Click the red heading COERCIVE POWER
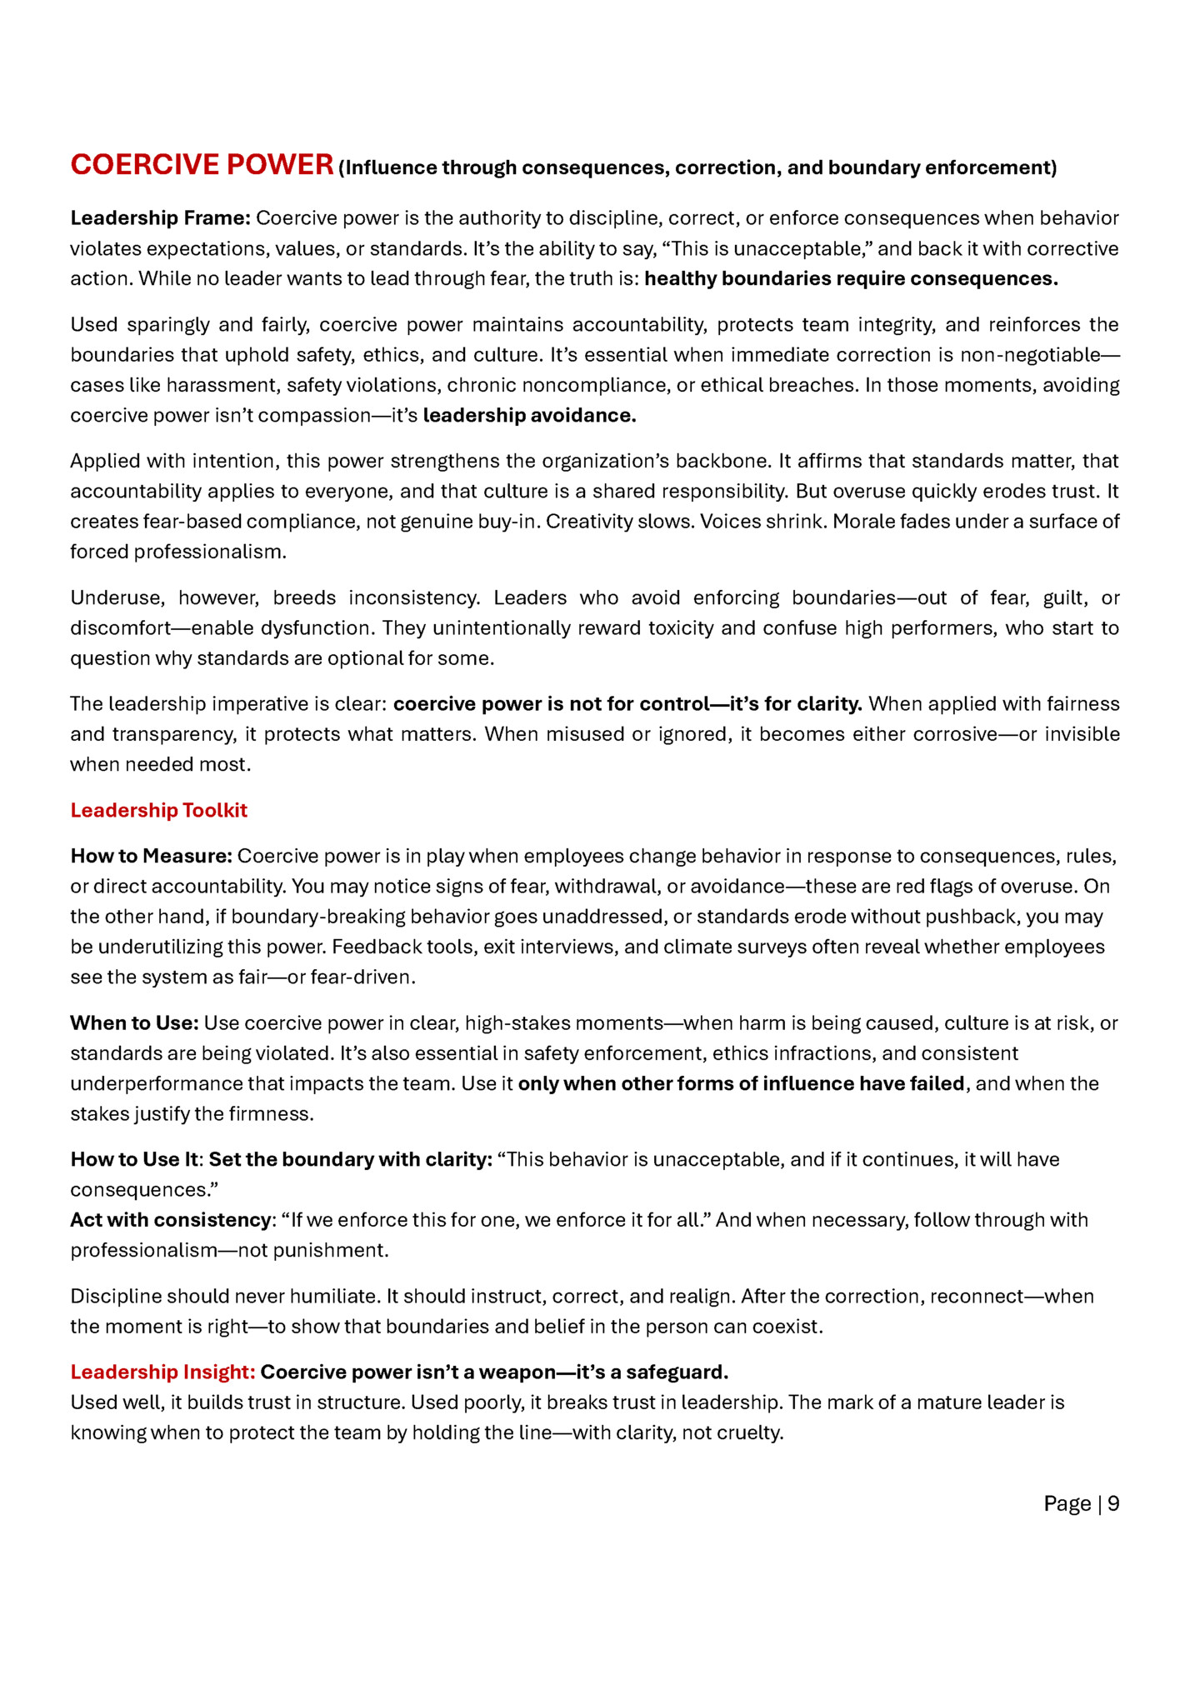(202, 165)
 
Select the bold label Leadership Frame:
(160, 218)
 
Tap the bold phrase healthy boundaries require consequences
(851, 278)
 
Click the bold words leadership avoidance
(529, 415)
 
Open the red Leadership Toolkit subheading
(158, 810)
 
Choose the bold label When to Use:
(134, 1022)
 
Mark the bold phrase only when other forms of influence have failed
(741, 1083)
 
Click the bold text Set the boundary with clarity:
(350, 1159)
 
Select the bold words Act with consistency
(170, 1220)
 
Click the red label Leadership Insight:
(162, 1372)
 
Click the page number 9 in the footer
(1113, 1503)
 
